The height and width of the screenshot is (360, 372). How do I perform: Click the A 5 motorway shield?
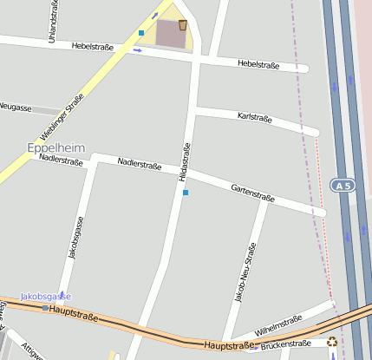pyautogui.click(x=342, y=185)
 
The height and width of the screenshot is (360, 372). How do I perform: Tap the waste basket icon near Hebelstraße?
pyautogui.click(x=183, y=25)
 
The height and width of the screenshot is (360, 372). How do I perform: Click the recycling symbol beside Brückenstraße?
pyautogui.click(x=332, y=342)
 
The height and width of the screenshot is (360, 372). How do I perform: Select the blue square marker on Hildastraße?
pyautogui.click(x=186, y=193)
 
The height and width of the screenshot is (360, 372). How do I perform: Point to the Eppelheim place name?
pyautogui.click(x=55, y=147)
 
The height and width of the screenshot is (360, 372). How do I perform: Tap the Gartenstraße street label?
pyautogui.click(x=252, y=193)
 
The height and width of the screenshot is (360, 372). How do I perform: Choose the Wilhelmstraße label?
pyautogui.click(x=278, y=326)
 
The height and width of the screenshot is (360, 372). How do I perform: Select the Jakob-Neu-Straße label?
pyautogui.click(x=245, y=272)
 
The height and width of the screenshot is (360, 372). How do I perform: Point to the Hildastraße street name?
pyautogui.click(x=184, y=161)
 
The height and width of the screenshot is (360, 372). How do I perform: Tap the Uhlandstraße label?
pyautogui.click(x=53, y=22)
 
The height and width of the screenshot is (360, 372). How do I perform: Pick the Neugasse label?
pyautogui.click(x=16, y=108)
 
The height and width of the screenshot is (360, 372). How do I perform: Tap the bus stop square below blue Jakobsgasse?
pyautogui.click(x=45, y=307)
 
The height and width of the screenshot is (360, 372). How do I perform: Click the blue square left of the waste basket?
pyautogui.click(x=140, y=33)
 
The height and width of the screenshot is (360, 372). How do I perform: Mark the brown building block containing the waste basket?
pyautogui.click(x=168, y=33)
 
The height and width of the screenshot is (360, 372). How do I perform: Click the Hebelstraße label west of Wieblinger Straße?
pyautogui.click(x=94, y=45)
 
